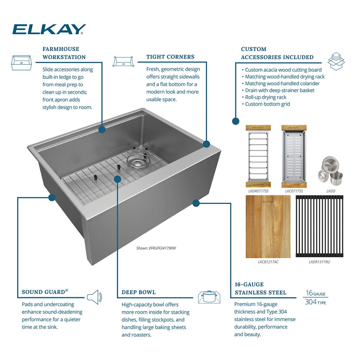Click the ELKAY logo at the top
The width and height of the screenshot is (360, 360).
[49, 29]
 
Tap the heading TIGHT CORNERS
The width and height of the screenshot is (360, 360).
[170, 57]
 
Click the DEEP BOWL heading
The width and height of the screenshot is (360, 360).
[139, 292]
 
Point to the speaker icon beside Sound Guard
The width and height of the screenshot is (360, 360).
[94, 297]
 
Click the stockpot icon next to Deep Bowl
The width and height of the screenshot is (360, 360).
[209, 297]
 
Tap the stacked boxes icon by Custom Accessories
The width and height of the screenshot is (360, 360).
[336, 61]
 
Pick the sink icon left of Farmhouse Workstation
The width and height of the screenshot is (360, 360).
[21, 63]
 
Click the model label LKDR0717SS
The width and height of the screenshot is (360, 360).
[258, 191]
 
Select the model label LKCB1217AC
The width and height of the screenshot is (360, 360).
[268, 262]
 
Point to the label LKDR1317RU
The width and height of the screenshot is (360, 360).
[319, 262]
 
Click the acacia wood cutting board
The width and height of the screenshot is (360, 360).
[268, 226]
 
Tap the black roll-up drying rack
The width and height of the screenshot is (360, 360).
[319, 226]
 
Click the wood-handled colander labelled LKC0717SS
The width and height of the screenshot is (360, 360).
[294, 156]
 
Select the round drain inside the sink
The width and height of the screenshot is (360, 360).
[136, 162]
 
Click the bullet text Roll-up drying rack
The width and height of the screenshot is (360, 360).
[266, 97]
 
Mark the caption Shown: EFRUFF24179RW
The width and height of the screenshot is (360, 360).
[156, 248]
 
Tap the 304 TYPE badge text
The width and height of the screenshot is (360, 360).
[315, 302]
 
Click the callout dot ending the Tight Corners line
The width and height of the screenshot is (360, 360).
[207, 144]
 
